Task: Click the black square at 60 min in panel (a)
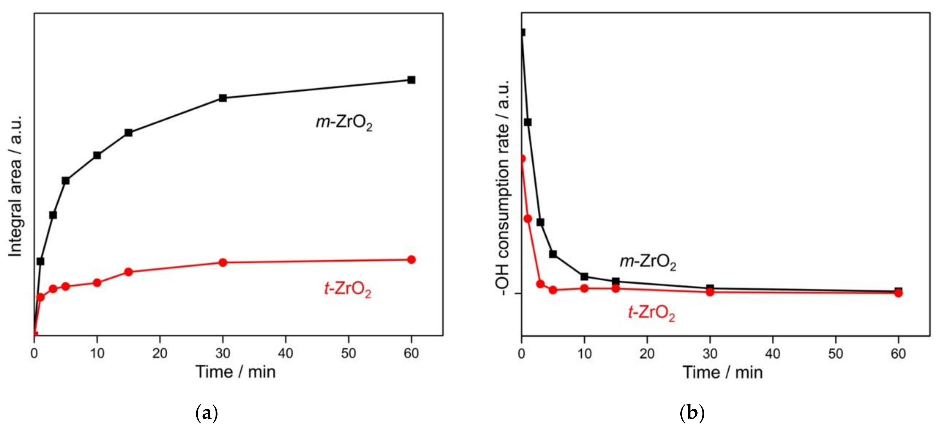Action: coord(411,80)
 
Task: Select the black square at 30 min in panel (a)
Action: coord(223,98)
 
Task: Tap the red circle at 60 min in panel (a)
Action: coord(411,259)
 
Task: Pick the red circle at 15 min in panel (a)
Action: coord(128,272)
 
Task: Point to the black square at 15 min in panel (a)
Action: coord(128,132)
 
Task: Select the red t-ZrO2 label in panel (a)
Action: coord(347,290)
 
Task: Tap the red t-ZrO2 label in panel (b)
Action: coord(651,313)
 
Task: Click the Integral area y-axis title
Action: coord(15,186)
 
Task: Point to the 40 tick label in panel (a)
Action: coord(285,353)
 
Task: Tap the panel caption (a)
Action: coord(207,414)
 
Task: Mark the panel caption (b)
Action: coord(692,414)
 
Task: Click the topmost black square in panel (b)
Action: coord(522,33)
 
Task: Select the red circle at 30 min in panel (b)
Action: coord(710,292)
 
